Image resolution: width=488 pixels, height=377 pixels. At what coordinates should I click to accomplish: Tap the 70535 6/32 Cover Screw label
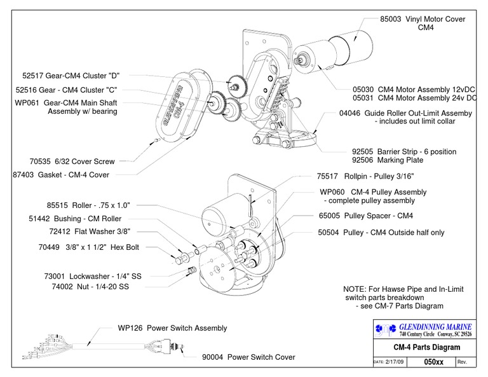coord(76,161)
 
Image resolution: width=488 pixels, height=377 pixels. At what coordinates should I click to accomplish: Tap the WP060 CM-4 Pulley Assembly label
coord(372,192)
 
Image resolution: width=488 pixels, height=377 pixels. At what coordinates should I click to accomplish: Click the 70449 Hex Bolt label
coord(88,247)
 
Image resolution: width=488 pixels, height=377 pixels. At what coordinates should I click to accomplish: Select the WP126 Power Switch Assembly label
coord(172,328)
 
